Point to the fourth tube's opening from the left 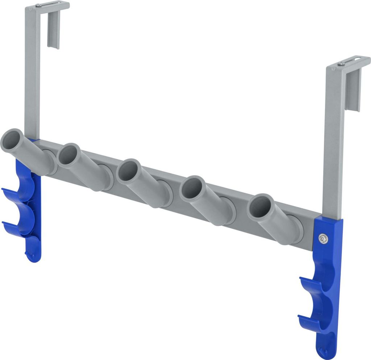[x=191, y=188]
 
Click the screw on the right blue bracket [x=323, y=238]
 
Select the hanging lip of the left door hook [x=54, y=29]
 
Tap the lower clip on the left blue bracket [x=16, y=226]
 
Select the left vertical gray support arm [x=32, y=72]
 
